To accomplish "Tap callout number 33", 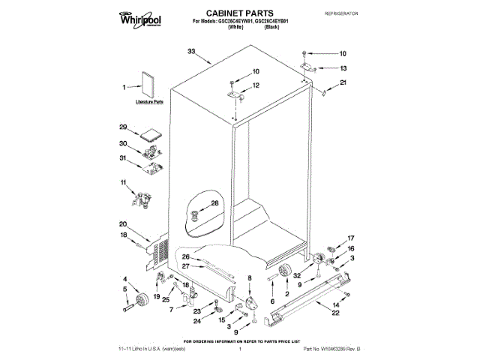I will pyautogui.click(x=191, y=51).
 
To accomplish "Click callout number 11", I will pyautogui.click(x=124, y=182).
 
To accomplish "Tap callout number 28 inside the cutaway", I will pyautogui.click(x=214, y=203).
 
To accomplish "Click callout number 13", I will pyautogui.click(x=343, y=67).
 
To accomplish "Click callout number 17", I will pyautogui.click(x=351, y=238).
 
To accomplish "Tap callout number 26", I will pyautogui.click(x=186, y=257).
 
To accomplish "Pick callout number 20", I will pyautogui.click(x=122, y=223).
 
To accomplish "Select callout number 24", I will pyautogui.click(x=197, y=321).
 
